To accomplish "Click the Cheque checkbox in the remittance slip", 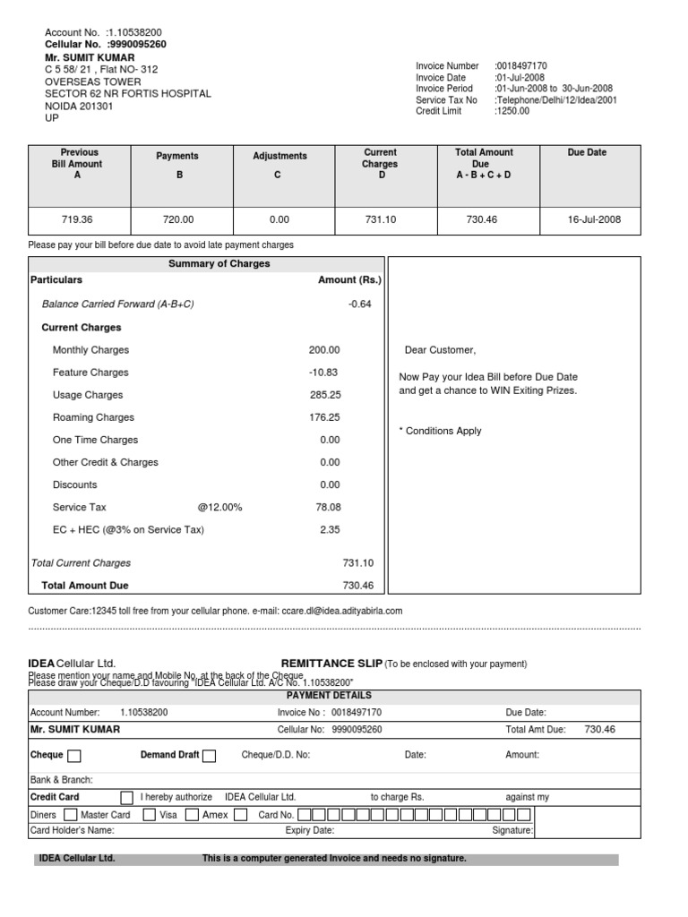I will pos(74,755).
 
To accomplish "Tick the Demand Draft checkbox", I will pos(209,755).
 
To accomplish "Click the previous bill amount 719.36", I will pos(77,219).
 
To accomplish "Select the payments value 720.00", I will pos(179,219).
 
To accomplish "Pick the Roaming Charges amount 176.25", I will pos(324,417).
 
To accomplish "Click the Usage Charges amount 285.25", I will pos(324,395).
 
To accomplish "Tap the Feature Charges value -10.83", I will pos(322,373).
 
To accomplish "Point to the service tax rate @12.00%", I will pos(219,508).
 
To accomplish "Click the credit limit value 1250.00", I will pos(512,112).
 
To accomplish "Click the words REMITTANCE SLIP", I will pos(331,664).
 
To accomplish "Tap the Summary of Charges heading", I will pos(219,264).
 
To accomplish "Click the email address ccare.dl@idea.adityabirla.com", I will pos(341,611).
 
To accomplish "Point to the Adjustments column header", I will pos(279,156).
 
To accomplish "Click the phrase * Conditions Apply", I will pos(440,431).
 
